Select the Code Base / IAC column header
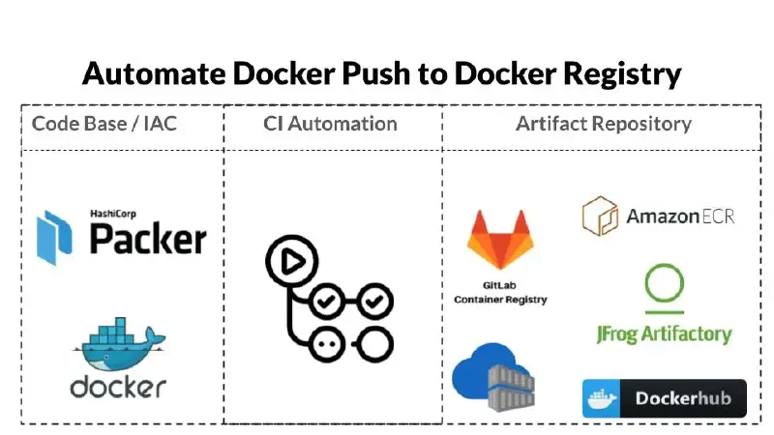(104, 124)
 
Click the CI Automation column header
(330, 124)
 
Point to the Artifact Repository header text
(603, 124)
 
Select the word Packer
(147, 238)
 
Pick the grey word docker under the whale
(118, 387)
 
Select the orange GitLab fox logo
(499, 240)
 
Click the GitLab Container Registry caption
(500, 294)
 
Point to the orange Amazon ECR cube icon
(600, 216)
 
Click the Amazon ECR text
(679, 216)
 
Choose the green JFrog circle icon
(665, 288)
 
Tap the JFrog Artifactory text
(664, 334)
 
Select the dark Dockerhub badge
(664, 398)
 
